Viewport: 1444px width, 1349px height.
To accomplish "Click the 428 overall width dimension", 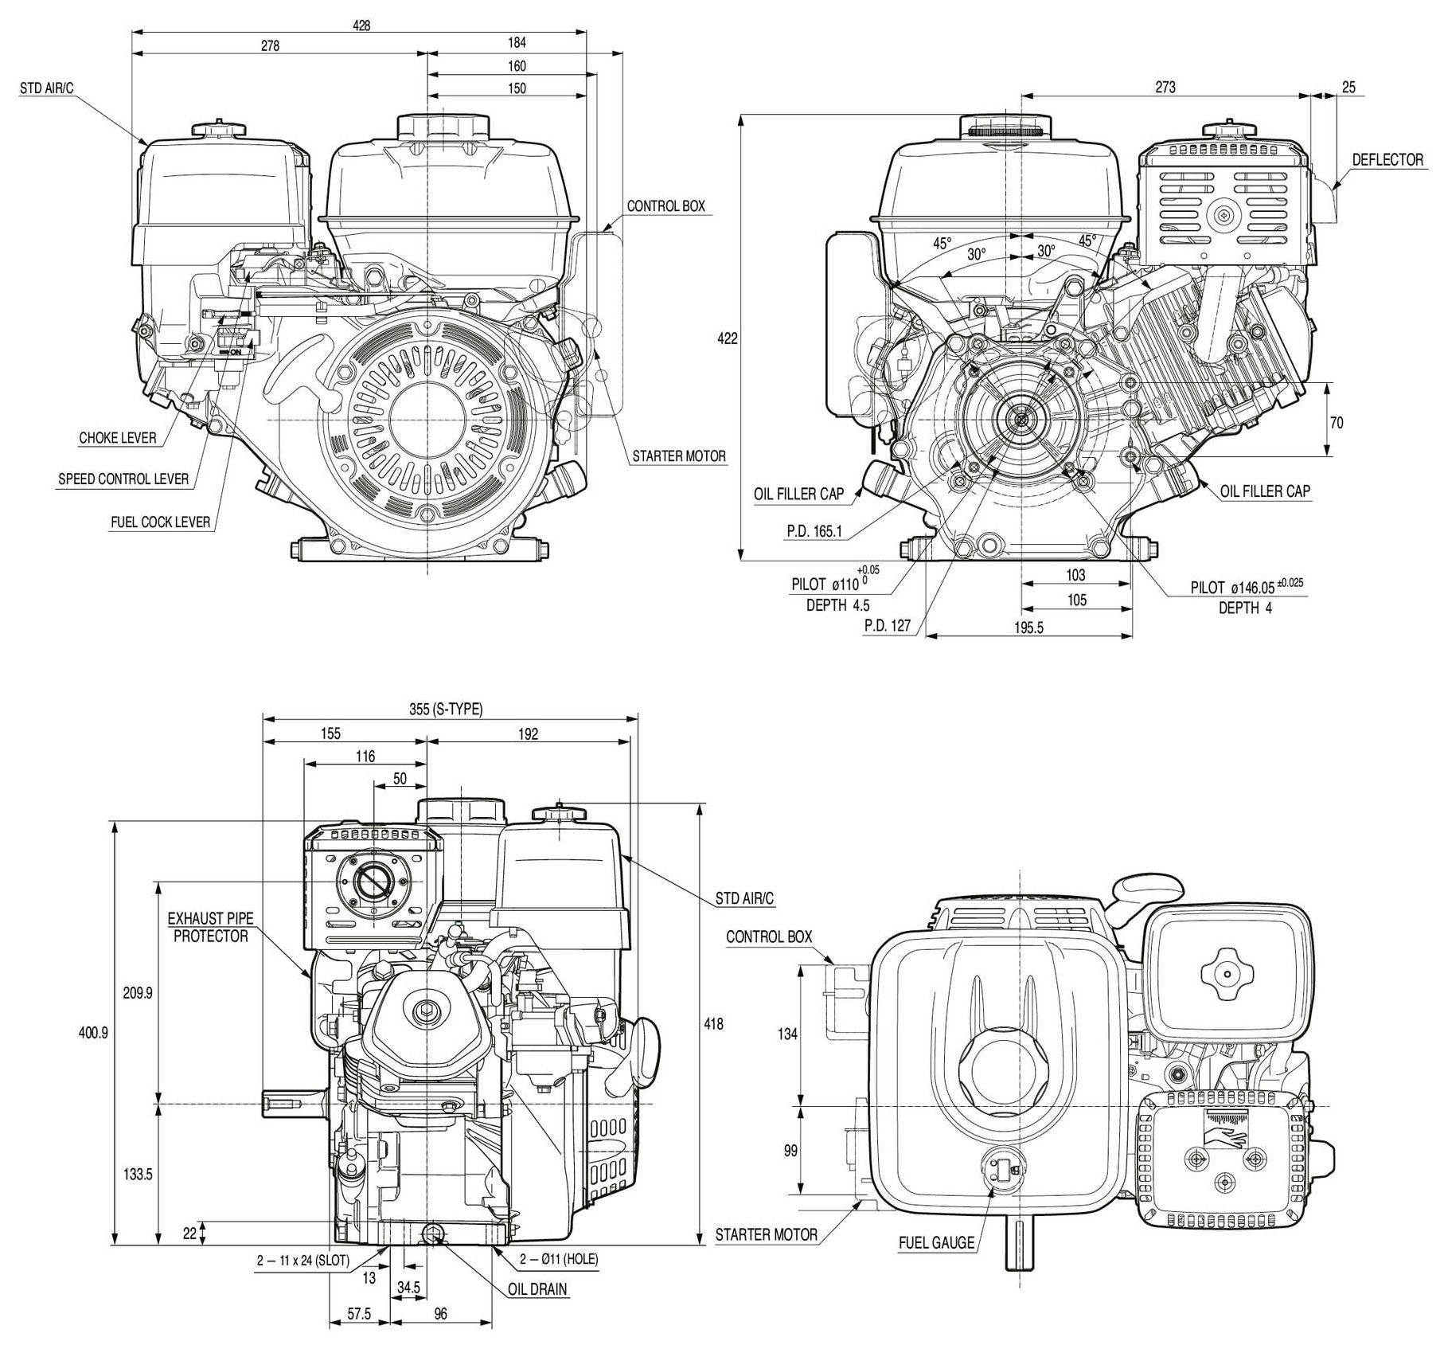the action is coord(361,25).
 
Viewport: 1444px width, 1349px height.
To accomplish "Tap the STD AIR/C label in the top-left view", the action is coord(46,88).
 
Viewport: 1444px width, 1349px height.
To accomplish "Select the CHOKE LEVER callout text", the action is coord(118,438).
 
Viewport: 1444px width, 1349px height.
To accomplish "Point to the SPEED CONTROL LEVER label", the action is coord(123,479).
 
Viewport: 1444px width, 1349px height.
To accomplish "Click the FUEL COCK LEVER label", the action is coord(161,522).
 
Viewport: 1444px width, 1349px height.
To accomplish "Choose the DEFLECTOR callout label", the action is coord(1387,160).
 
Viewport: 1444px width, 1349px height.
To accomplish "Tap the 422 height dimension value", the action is coord(728,338).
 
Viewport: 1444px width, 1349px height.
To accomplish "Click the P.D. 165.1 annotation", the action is coord(814,531).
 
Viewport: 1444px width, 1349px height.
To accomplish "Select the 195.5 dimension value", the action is coord(1028,628).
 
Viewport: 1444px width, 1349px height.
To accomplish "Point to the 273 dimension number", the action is coord(1165,87).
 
